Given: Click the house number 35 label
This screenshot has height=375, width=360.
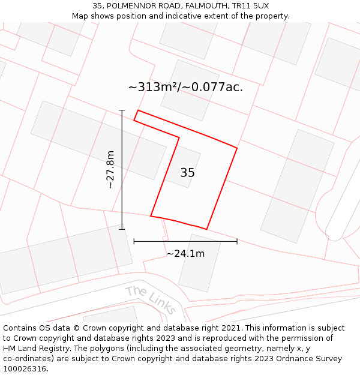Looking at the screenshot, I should tap(187, 173).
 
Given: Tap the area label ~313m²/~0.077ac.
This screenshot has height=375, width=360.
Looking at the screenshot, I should tap(185, 87).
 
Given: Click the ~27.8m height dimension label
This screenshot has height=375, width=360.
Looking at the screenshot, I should tap(110, 170).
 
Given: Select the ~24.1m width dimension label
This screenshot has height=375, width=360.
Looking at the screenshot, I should tap(185, 253).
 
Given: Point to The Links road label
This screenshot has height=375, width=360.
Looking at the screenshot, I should tap(151, 299).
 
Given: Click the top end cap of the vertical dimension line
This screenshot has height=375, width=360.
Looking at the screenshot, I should tap(122, 110).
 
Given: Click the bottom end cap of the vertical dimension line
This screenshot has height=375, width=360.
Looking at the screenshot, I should tap(122, 229).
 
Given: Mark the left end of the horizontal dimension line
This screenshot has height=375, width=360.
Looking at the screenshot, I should tap(134, 241).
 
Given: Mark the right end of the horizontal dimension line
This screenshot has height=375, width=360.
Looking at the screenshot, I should tap(237, 241).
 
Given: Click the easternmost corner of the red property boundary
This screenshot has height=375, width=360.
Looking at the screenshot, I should tap(237, 148).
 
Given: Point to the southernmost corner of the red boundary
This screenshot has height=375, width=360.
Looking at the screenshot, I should tap(206, 229).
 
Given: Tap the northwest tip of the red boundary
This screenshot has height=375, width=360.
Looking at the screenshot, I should tap(139, 111).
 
